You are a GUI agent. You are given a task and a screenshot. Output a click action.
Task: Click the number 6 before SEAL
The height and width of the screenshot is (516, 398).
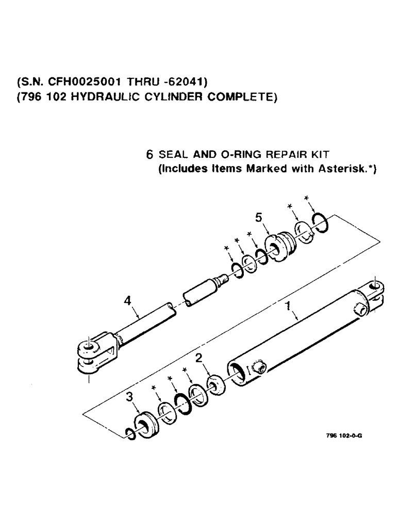150,154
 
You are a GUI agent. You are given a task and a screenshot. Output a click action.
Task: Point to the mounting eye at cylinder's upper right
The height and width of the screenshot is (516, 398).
375,287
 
